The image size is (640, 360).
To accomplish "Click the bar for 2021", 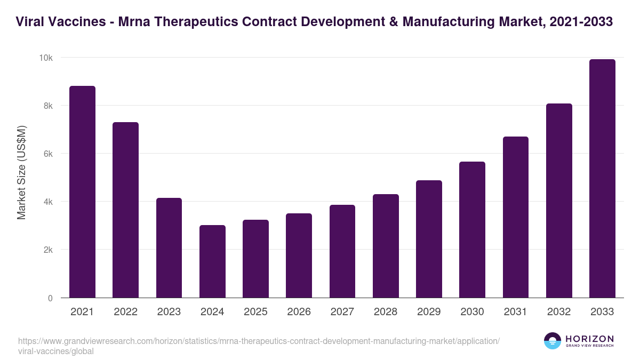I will tap(82, 192).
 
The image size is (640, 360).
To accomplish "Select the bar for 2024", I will tap(212, 261).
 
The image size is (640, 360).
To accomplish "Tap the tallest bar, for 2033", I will tap(602, 179).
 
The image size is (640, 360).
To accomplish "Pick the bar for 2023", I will tap(169, 248).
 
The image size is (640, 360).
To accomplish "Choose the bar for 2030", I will tap(472, 230).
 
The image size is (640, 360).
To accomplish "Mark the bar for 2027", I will tap(342, 251).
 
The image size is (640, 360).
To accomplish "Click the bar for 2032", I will tap(559, 201).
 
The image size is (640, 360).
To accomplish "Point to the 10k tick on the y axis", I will tap(46, 58).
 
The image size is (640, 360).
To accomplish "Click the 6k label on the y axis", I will tap(47, 154).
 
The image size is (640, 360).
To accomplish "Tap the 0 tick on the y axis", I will tap(50, 298).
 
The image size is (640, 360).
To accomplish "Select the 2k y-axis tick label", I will tap(47, 250).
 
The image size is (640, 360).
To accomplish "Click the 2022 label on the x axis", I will tap(125, 312).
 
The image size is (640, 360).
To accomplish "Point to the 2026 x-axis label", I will tap(299, 312).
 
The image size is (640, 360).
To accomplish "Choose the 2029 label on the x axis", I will tap(429, 312).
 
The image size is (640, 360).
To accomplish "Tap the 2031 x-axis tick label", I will tap(516, 312).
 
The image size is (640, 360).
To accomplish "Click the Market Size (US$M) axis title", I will tap(21, 172).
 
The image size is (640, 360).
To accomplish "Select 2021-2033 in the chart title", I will tap(579, 22).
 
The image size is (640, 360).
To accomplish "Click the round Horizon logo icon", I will tap(553, 341).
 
